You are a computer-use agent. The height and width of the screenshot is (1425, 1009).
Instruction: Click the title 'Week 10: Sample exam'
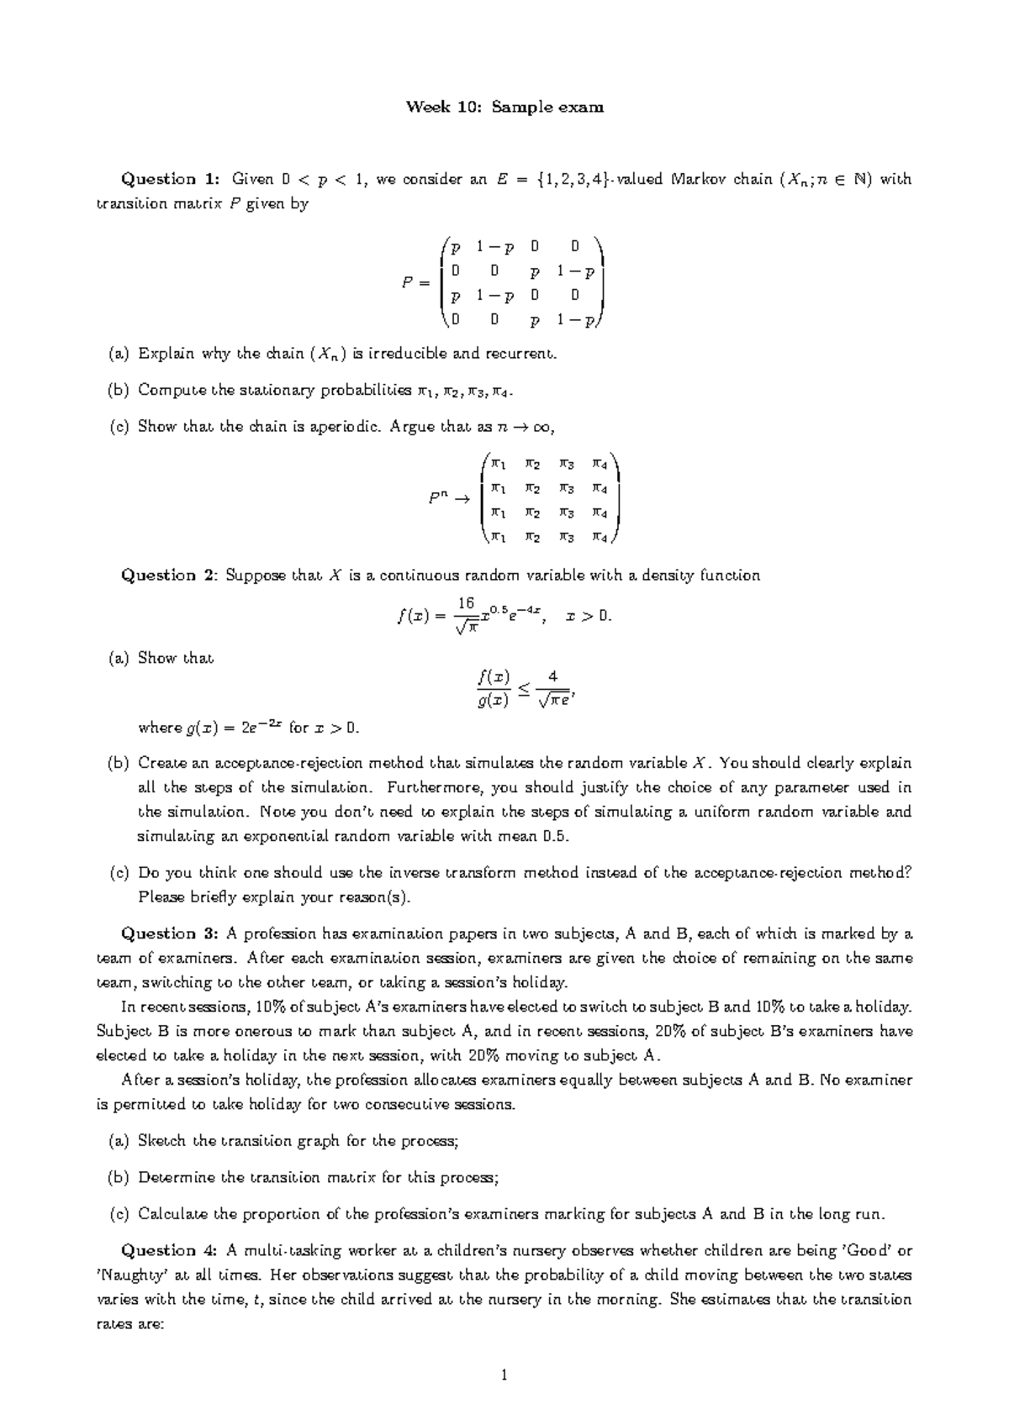click(x=504, y=107)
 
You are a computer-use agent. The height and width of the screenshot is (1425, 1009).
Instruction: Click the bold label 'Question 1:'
click(x=171, y=179)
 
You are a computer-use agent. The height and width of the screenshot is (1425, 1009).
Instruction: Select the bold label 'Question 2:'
click(x=171, y=576)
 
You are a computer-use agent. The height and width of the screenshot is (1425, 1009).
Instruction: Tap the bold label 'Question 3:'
click(x=171, y=933)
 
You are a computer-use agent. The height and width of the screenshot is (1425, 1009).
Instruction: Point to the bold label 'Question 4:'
click(x=171, y=1250)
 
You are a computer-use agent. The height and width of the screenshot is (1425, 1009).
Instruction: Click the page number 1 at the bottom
click(x=504, y=1375)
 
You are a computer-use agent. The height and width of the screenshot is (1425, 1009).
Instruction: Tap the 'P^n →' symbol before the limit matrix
click(x=446, y=498)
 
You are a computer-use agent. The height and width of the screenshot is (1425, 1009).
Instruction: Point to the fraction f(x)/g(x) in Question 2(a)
click(x=493, y=688)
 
